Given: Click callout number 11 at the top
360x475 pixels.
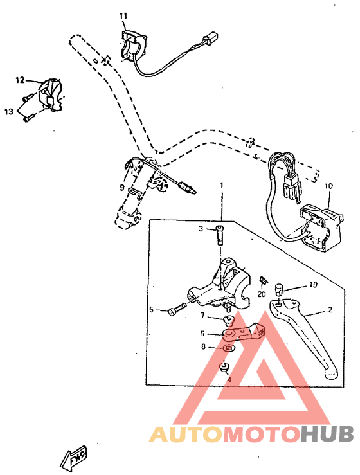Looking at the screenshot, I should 123,15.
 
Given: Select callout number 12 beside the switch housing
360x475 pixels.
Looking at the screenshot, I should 20,80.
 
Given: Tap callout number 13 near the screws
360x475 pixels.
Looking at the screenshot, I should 8,111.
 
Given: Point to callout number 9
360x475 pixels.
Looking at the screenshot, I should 121,188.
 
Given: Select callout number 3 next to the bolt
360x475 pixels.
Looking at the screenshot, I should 201,228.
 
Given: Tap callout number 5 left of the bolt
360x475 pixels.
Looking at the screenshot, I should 152,310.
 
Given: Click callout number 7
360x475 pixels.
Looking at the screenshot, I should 202,316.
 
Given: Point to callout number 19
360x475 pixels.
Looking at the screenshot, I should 314,284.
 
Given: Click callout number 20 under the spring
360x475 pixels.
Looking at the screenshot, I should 262,294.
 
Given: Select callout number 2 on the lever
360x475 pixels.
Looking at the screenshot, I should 330,310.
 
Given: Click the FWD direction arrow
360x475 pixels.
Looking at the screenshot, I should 73,455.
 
